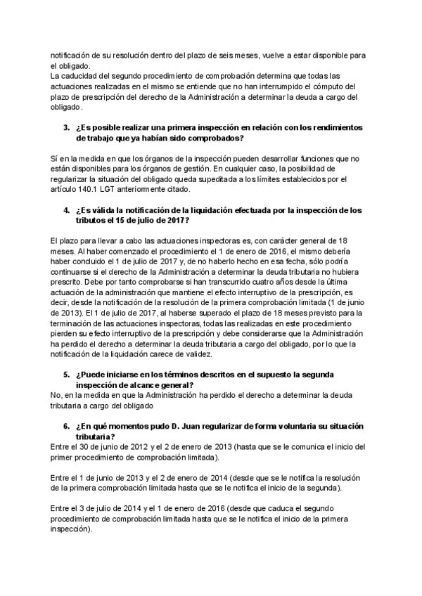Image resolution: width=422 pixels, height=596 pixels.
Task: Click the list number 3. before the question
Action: click(67, 127)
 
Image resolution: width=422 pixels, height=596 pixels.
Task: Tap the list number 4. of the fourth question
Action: click(67, 209)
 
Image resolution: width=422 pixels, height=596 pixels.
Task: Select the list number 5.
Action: click(67, 374)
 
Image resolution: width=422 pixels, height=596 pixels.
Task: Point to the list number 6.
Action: click(67, 426)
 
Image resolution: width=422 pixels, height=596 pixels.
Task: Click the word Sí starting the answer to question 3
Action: click(56, 159)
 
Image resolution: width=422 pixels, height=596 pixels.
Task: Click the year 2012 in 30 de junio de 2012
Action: click(129, 446)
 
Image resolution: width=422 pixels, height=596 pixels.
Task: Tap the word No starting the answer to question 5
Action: click(57, 395)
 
